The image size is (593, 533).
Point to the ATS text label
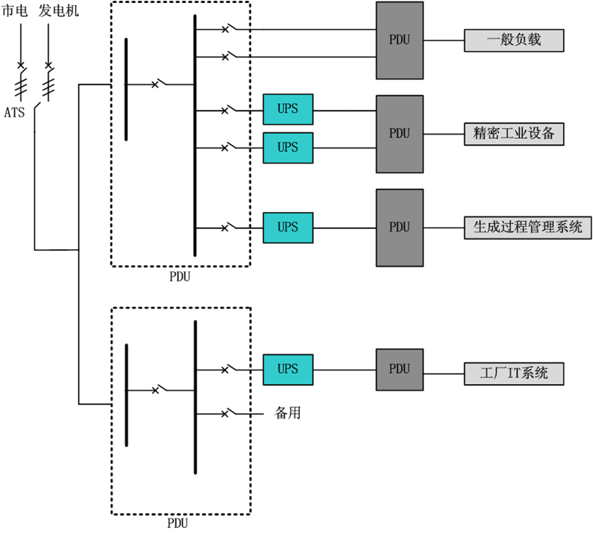click(14, 113)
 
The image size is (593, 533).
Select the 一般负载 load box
click(514, 41)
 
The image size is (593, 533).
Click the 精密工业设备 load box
click(514, 134)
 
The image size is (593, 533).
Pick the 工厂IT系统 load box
click(514, 374)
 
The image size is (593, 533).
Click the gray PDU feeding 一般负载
click(399, 40)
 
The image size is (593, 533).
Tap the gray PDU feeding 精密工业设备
click(399, 134)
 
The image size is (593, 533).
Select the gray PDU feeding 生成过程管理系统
click(399, 228)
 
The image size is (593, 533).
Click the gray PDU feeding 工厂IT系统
click(399, 369)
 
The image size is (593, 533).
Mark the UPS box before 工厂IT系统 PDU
click(288, 369)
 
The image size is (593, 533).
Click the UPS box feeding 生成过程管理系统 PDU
click(288, 228)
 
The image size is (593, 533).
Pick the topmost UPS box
click(288, 109)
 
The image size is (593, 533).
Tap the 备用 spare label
click(287, 413)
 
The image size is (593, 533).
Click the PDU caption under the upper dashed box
click(180, 276)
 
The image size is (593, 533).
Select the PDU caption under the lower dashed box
click(180, 522)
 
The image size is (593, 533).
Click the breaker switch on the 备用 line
click(228, 413)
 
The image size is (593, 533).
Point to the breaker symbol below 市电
click(21, 66)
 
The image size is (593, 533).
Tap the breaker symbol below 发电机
click(49, 66)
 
